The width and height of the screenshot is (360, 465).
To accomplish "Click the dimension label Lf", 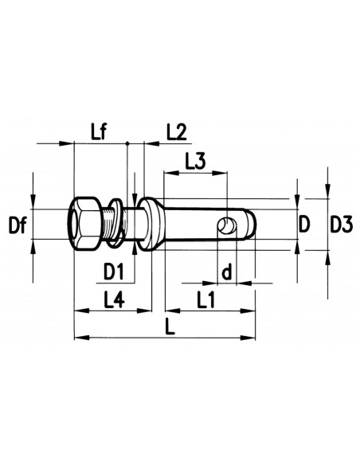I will [100, 131].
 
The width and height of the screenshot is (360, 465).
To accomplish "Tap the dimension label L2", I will [176, 131].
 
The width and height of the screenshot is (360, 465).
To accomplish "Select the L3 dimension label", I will [195, 161].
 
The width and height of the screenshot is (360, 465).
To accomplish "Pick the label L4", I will [115, 300].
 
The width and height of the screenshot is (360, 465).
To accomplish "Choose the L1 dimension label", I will [208, 300].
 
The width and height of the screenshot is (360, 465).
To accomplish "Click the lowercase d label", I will [225, 272].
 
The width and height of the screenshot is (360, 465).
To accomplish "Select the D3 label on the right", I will [342, 225].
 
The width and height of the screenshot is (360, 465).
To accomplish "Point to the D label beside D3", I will [303, 225].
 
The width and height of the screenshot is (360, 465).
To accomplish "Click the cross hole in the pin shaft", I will [229, 226].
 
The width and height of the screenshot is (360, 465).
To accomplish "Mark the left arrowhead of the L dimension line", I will [78, 336].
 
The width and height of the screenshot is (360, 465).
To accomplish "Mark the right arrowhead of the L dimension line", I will [252, 336].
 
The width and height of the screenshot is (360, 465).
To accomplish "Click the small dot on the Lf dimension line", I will [127, 144].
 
